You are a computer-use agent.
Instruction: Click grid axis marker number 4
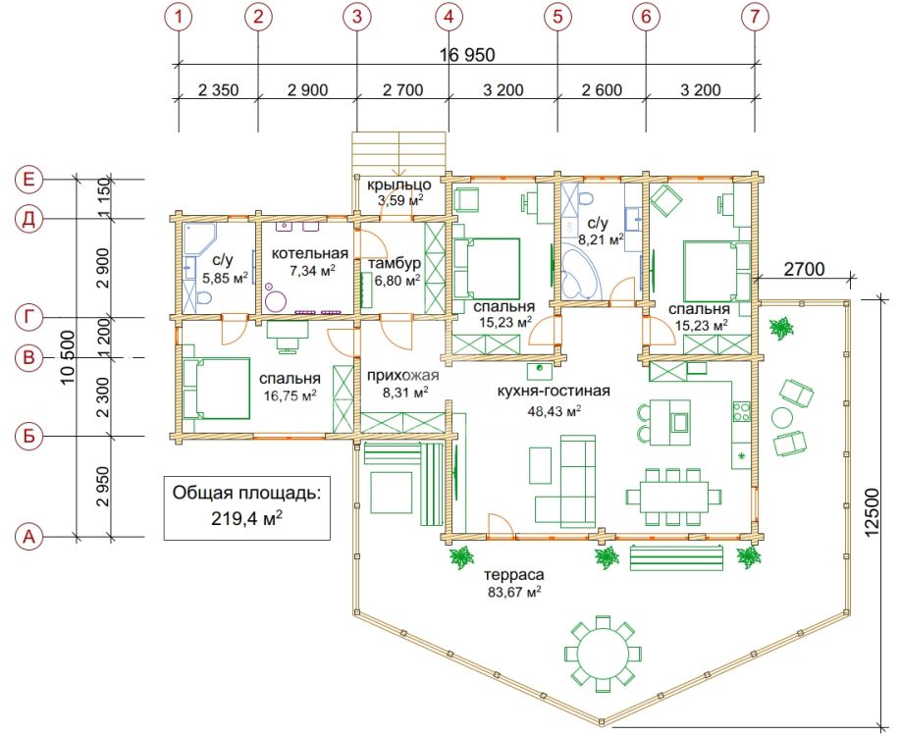[x=449, y=17]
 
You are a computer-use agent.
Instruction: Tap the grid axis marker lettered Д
[x=28, y=219]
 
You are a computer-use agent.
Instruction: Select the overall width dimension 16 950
[x=467, y=55]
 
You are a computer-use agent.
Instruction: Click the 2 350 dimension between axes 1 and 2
[x=218, y=90]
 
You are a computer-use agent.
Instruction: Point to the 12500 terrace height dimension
[x=872, y=512]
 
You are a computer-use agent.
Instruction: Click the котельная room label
[x=310, y=253]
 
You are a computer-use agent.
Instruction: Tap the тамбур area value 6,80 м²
[x=397, y=281]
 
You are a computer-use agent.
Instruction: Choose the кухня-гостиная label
[x=554, y=391]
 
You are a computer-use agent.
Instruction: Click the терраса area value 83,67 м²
[x=515, y=592]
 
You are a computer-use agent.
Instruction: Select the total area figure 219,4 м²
[x=246, y=518]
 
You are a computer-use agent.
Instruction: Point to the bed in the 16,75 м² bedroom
[x=216, y=389]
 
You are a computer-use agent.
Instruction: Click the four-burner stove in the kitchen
[x=741, y=410]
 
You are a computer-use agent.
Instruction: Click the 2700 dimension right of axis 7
[x=804, y=268]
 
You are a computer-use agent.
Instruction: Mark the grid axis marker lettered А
[x=28, y=537]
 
